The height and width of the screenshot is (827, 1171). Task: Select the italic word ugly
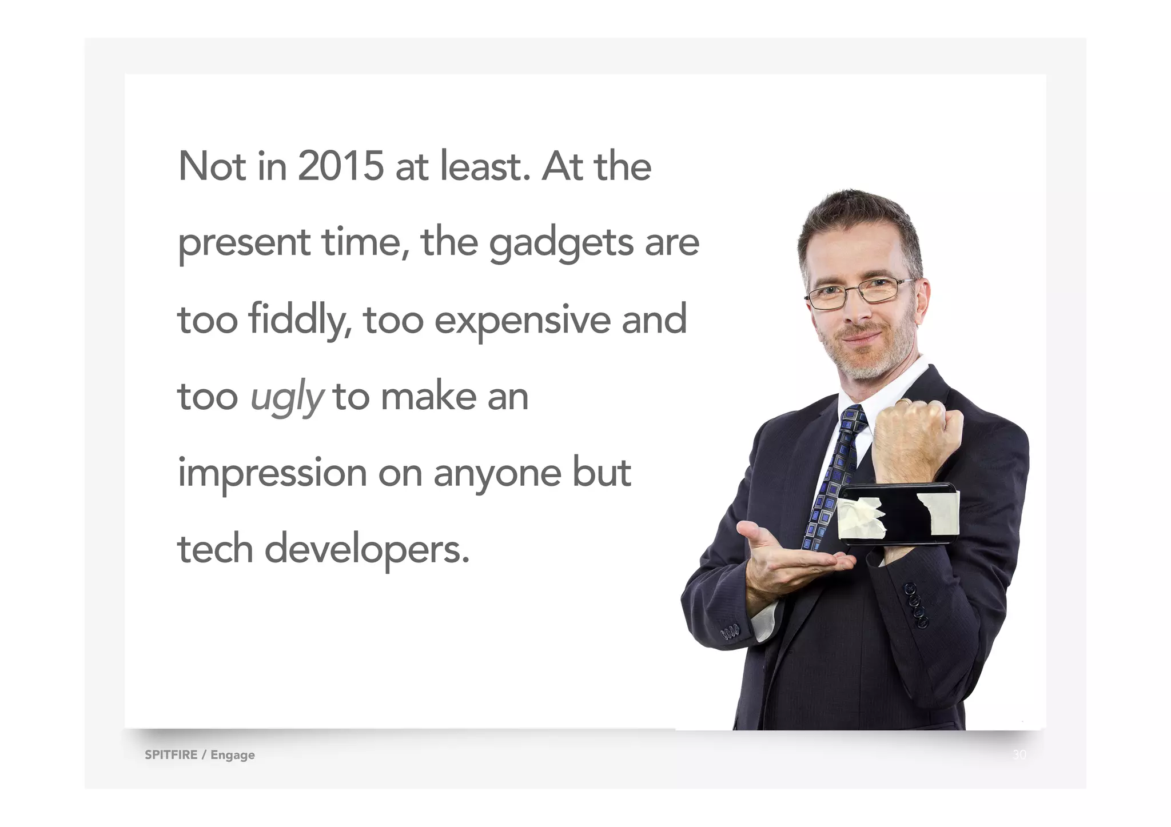tap(287, 397)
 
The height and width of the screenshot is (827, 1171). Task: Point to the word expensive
tap(523, 320)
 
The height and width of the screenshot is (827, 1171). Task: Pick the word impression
tap(272, 474)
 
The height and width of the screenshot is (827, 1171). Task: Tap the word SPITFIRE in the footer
tap(171, 754)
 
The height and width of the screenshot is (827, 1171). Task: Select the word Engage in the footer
tap(233, 755)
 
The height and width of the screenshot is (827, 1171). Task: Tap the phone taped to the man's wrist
tap(898, 513)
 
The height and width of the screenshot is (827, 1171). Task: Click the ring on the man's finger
tap(903, 402)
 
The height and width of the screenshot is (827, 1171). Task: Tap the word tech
tap(216, 550)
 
